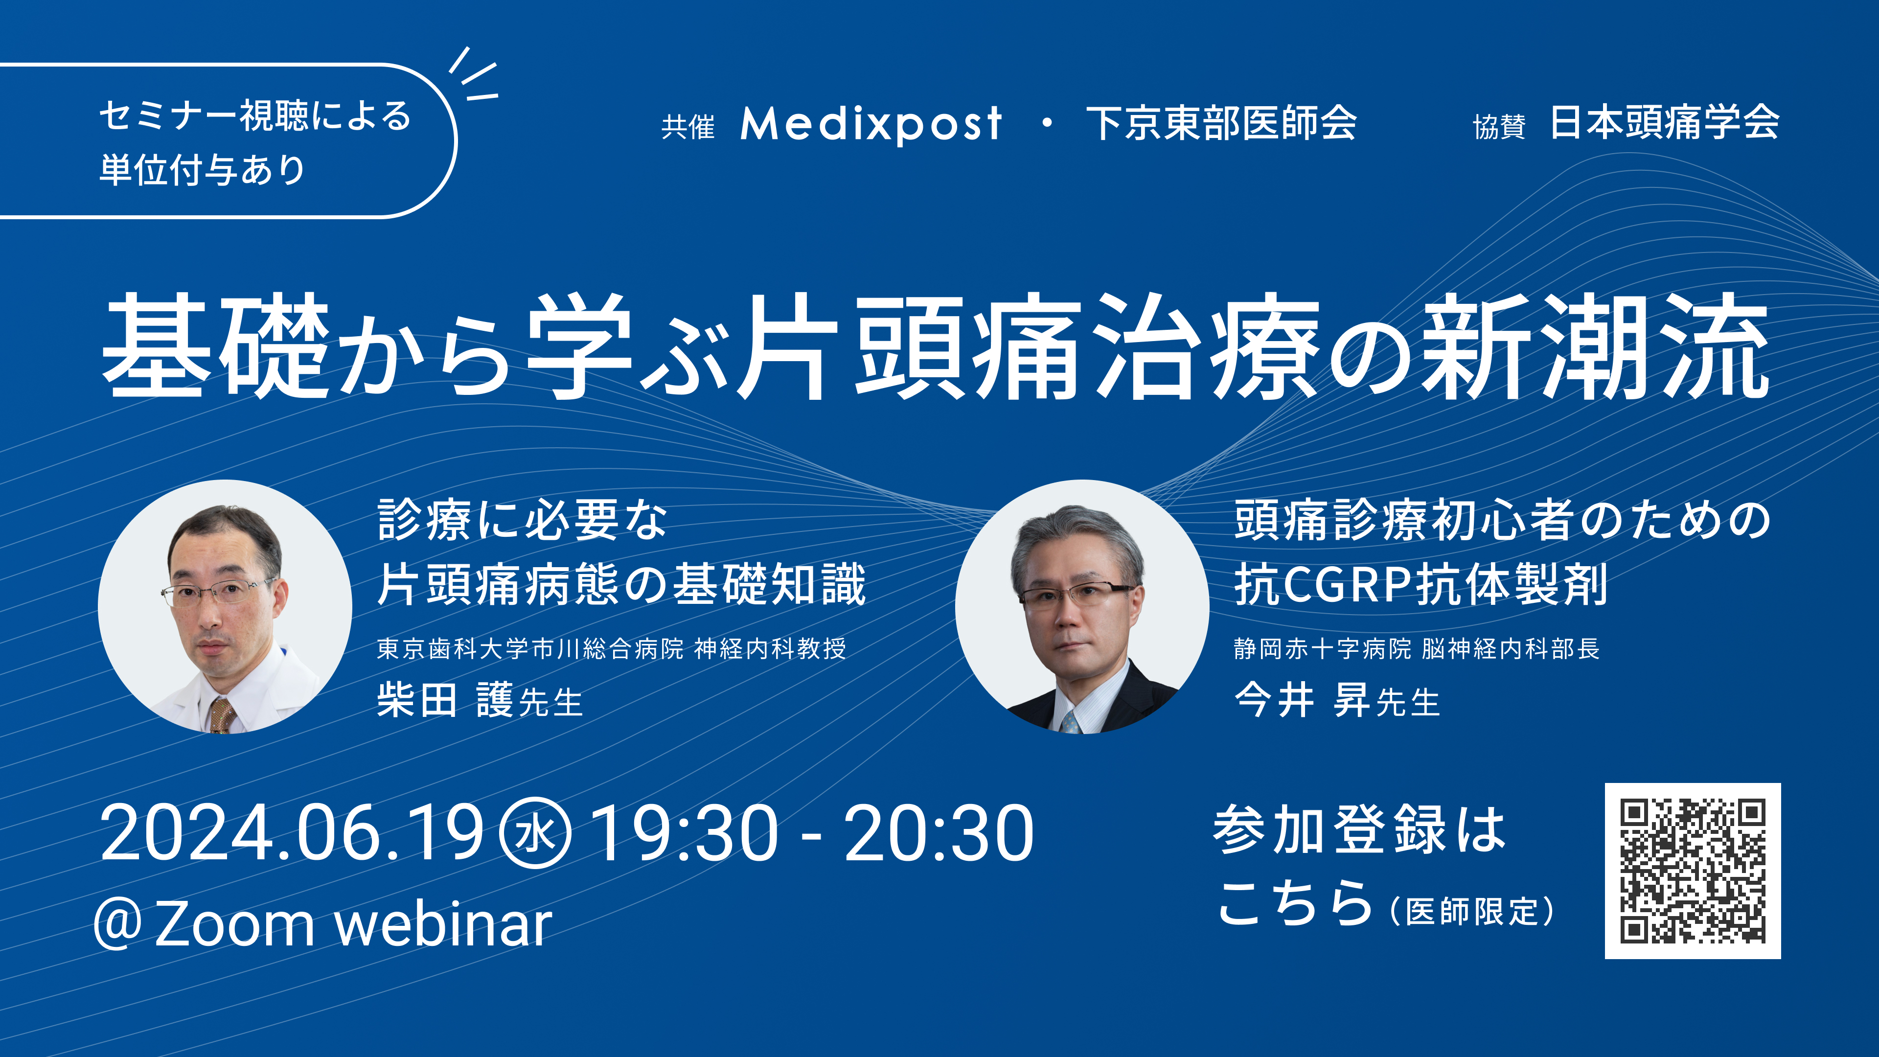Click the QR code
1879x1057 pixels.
(x=1692, y=870)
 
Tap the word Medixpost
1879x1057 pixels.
(x=871, y=123)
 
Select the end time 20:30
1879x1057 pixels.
(x=939, y=833)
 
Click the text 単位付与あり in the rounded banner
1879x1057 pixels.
(x=202, y=169)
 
